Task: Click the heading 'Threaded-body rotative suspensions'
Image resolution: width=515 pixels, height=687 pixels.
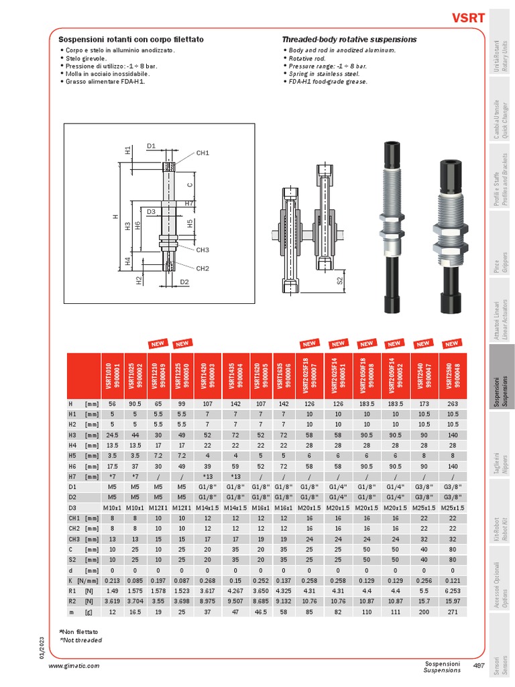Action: tap(349, 40)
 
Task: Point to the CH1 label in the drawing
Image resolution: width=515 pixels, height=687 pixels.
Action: tap(203, 153)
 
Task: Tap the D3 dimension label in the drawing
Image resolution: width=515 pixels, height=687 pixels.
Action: tap(151, 211)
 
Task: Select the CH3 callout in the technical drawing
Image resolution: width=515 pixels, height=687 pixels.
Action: tap(203, 250)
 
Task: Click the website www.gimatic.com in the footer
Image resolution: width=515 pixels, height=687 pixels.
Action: tap(74, 666)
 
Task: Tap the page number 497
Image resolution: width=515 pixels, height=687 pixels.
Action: tap(479, 666)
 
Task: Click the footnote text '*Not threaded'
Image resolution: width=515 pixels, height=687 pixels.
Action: tap(81, 641)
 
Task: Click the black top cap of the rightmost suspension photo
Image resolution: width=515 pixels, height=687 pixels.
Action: tap(448, 176)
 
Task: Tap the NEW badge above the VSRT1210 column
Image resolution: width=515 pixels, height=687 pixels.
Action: tap(158, 343)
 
